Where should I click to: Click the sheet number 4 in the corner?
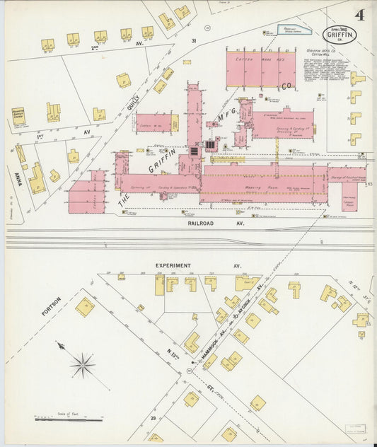point(360,15)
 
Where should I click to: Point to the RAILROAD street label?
point(206,223)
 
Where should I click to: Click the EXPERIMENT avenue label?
point(173,266)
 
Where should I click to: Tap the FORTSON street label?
point(51,305)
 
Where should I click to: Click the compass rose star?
point(82,365)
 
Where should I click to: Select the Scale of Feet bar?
point(69,419)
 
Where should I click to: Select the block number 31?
point(193,41)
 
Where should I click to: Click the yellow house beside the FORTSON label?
point(85,307)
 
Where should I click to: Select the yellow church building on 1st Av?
point(18,115)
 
